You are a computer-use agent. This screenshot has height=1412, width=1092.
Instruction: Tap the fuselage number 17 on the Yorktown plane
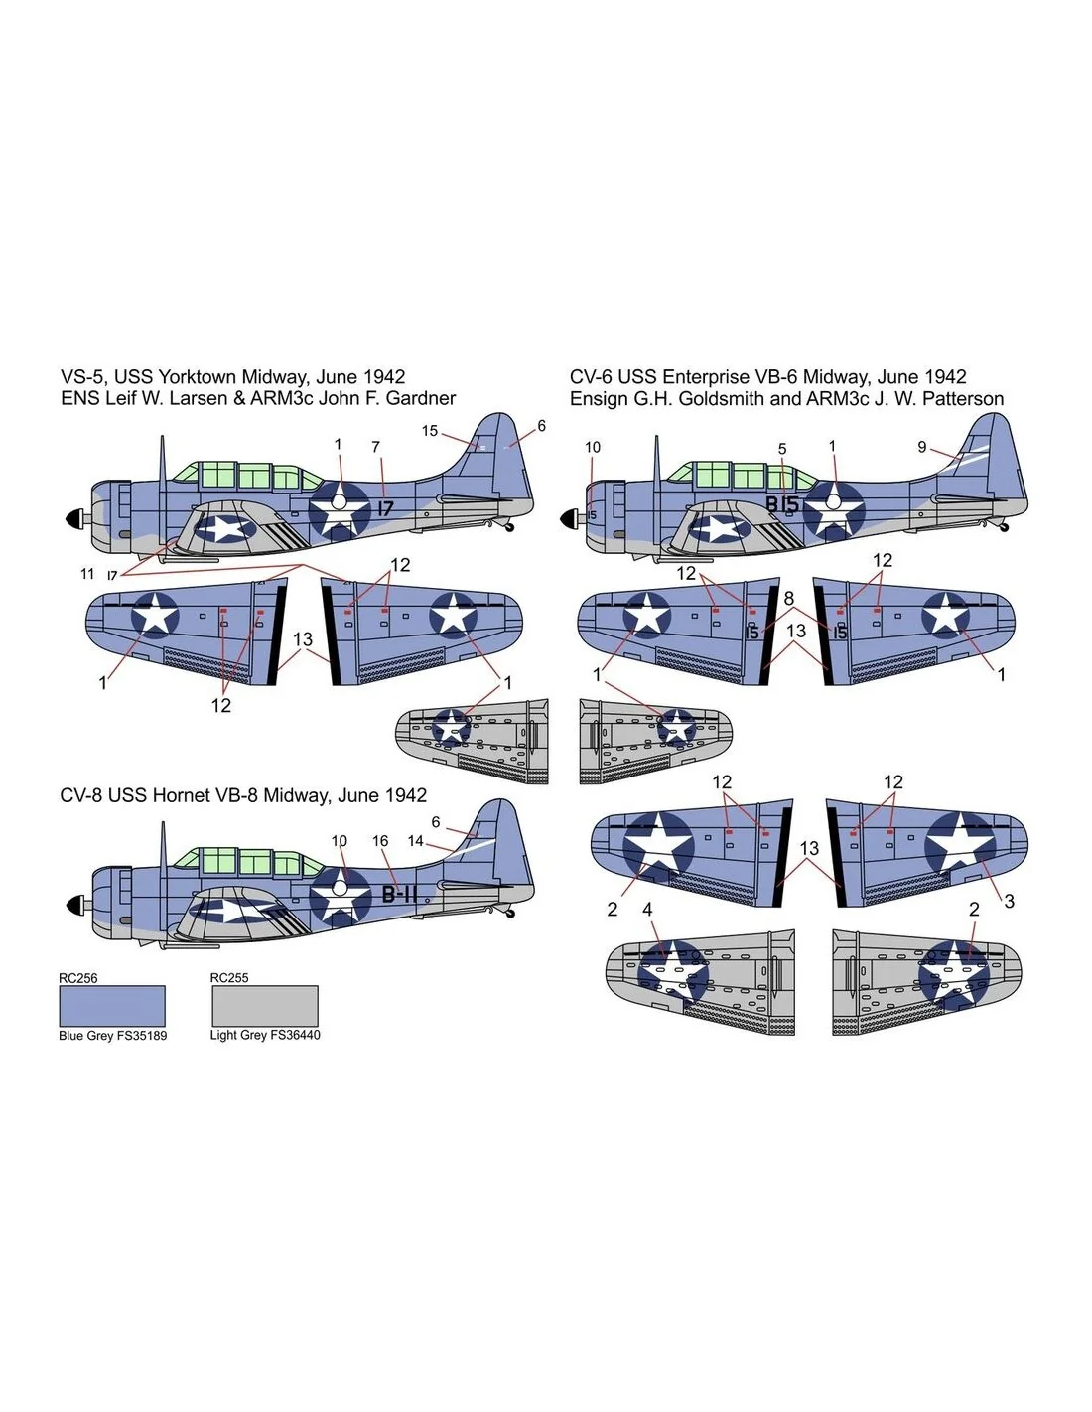pos(385,508)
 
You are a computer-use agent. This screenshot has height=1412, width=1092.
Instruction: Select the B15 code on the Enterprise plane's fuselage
pos(781,504)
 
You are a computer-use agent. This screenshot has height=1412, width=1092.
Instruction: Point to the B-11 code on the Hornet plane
pos(398,895)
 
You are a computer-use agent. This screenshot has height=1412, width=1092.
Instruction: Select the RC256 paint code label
pos(78,978)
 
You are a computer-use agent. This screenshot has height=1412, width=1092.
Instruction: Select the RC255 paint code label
pos(229,978)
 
